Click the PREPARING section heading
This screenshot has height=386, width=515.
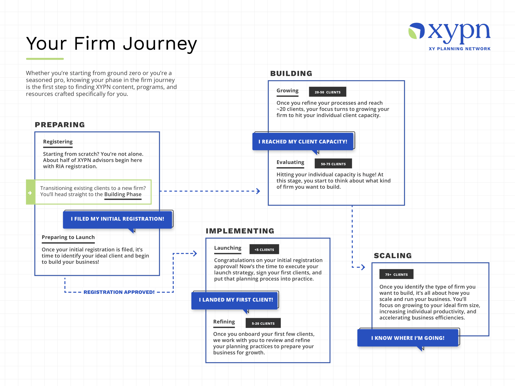[60, 125]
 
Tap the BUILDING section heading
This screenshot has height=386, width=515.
[291, 73]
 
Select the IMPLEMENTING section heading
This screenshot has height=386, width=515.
[240, 231]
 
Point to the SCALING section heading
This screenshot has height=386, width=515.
[393, 256]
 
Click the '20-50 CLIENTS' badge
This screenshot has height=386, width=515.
[328, 92]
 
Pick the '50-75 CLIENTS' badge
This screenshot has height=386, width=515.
[333, 164]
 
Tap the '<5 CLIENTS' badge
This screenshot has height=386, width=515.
[264, 249]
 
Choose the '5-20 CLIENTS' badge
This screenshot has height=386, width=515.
[263, 323]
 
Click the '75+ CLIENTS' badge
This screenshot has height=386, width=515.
[396, 274]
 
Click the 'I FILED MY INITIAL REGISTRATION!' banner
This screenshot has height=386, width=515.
[117, 219]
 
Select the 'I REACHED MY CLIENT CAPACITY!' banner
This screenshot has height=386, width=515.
[303, 142]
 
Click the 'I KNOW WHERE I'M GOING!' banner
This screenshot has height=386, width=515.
[408, 338]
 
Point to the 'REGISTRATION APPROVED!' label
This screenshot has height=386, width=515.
[119, 292]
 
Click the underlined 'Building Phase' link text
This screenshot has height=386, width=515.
[123, 195]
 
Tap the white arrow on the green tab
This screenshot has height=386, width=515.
[30, 193]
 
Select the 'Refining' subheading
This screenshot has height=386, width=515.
[224, 322]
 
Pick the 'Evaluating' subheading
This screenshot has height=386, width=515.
[290, 162]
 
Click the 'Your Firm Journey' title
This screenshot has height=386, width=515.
[112, 44]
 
